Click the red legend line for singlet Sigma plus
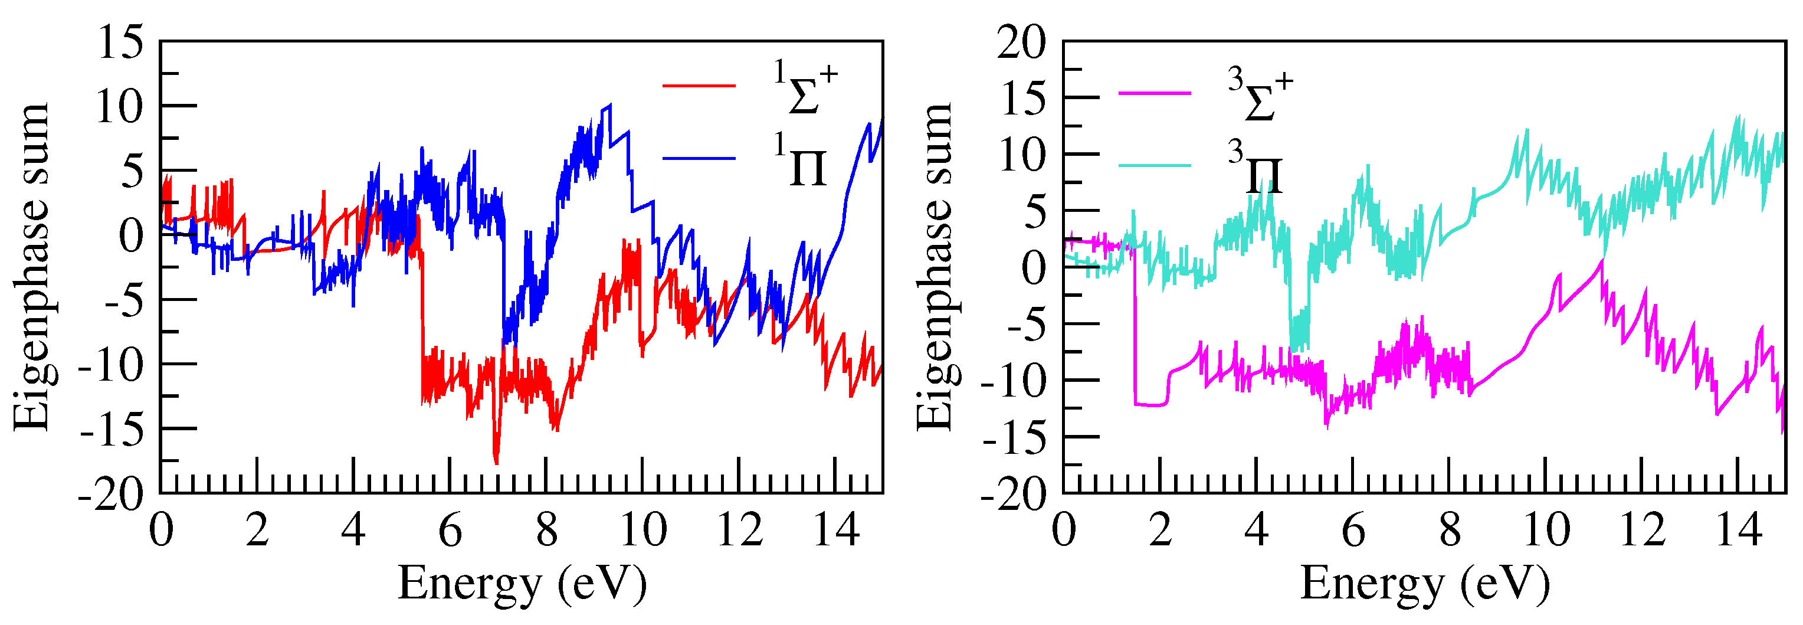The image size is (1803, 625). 699,86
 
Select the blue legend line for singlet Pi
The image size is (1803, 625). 699,159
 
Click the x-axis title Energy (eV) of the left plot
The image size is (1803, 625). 522,584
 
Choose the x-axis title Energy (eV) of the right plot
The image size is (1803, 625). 1424,584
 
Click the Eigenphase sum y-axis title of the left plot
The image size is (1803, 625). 31,267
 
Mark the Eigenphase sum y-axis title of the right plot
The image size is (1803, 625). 935,267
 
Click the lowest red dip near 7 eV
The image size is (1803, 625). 496,462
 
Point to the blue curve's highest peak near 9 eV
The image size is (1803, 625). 609,106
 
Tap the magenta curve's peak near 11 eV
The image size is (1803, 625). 1601,260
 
